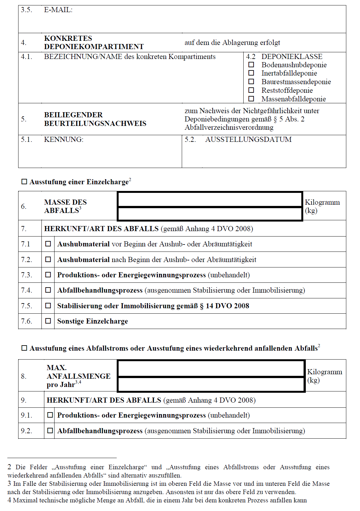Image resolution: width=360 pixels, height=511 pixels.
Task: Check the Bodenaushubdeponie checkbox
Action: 251,65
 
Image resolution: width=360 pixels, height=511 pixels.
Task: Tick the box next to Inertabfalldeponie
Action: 251,73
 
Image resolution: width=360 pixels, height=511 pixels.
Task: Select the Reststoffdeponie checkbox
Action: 251,90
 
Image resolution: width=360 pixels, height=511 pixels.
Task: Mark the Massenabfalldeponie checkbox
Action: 251,99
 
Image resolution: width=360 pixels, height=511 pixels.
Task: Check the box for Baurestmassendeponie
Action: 251,82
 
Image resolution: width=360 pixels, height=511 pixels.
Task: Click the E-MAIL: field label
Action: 58,10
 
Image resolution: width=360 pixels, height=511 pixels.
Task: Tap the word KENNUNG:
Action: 63,140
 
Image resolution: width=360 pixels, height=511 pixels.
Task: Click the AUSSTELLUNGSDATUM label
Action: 248,140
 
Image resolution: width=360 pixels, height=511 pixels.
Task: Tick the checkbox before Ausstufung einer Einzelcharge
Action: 24,182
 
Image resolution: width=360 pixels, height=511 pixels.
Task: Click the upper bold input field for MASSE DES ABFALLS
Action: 210,200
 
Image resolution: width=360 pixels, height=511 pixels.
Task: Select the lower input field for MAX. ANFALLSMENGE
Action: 211,384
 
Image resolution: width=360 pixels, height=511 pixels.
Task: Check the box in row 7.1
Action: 48,244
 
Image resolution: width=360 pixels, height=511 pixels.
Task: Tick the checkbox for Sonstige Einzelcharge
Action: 48,321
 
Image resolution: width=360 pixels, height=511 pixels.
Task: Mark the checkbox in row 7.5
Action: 48,306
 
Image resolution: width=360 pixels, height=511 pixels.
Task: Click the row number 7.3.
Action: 26,275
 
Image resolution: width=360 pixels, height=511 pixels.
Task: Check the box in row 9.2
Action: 50,431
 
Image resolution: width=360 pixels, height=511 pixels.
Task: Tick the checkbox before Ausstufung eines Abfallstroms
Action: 24,348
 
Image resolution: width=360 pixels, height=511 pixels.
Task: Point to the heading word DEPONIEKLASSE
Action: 292,57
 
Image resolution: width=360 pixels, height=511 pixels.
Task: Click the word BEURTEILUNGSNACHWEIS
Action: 95,123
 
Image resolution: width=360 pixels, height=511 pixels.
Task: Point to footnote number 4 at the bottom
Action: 9,500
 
